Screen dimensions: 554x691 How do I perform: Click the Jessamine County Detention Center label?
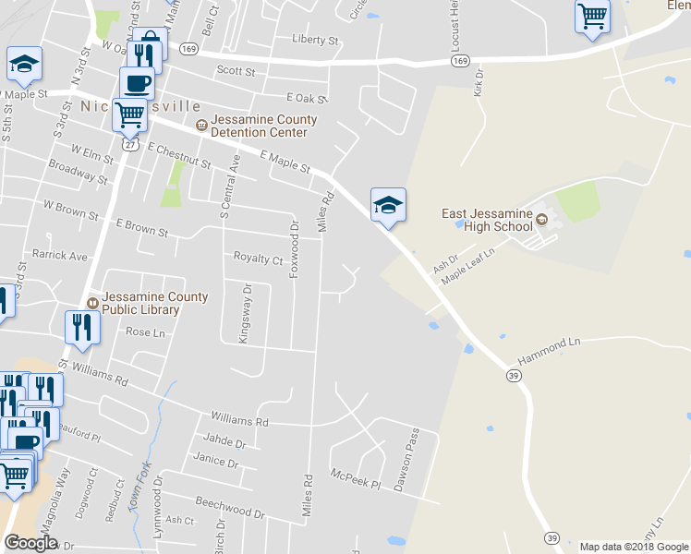coord(263,126)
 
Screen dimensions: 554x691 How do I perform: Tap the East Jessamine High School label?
coord(487,220)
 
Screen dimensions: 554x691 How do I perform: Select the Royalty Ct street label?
coord(258,259)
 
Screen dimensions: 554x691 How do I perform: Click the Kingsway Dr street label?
coord(245,314)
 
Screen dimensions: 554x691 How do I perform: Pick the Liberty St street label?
coord(315,40)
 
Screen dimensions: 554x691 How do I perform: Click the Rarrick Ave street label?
coord(60,255)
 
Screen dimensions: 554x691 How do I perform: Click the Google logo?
coord(31,543)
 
